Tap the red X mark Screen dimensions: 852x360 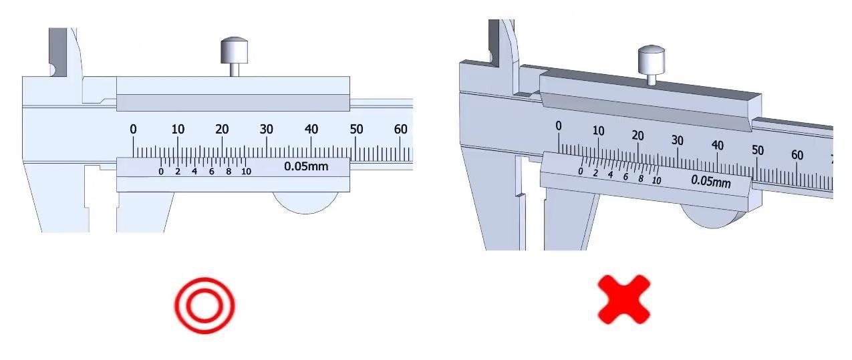[x=624, y=300]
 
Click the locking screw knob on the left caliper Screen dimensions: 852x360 [x=235, y=55]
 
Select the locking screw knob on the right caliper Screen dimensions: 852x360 [x=651, y=64]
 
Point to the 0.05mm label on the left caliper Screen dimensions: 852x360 [x=306, y=166]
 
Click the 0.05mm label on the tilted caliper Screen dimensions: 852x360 [x=711, y=181]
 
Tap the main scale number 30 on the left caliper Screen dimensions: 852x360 [x=266, y=130]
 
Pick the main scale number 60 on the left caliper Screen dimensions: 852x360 [x=400, y=130]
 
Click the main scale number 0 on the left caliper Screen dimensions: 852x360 [x=133, y=130]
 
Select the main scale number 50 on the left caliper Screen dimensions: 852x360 [x=356, y=130]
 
